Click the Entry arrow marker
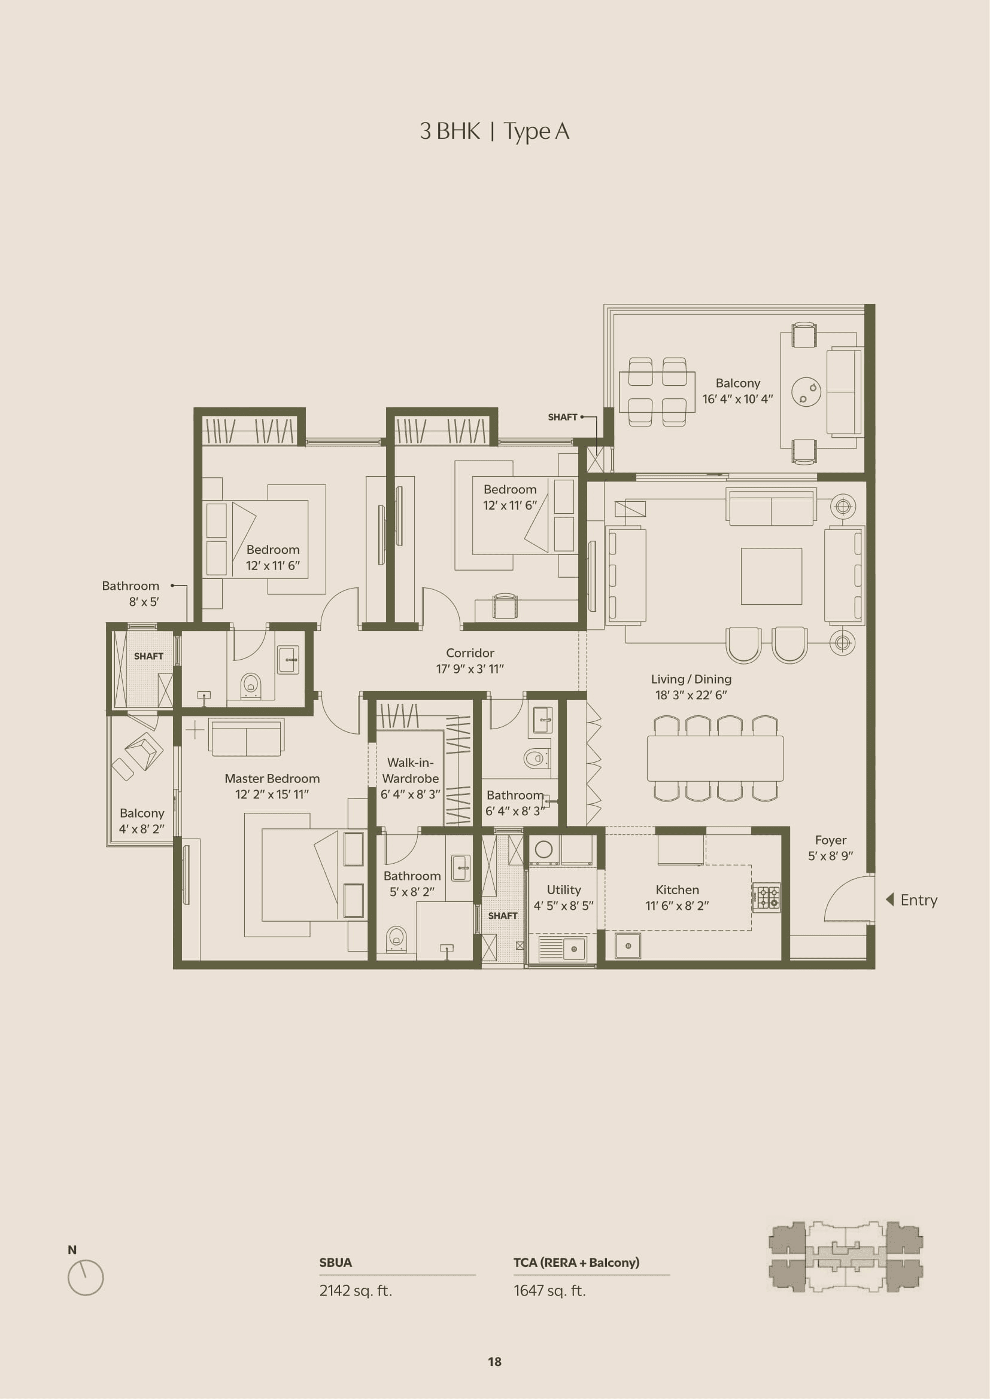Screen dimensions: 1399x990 (889, 900)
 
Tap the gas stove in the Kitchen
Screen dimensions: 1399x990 (767, 897)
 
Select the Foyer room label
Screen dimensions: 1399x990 (830, 840)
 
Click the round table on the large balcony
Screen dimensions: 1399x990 (806, 391)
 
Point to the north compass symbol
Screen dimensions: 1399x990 (86, 1277)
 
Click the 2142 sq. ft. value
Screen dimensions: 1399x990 (356, 1291)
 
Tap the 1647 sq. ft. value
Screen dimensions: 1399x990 (549, 1291)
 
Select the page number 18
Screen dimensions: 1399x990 (494, 1362)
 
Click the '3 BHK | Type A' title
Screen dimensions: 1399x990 (494, 132)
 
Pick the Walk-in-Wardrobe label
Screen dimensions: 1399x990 (410, 770)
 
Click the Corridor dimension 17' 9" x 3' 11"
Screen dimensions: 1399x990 (470, 669)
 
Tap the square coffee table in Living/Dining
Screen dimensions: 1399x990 (771, 576)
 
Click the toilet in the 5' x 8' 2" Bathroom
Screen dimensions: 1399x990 (396, 938)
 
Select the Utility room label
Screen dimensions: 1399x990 (564, 889)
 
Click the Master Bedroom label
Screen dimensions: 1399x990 (272, 778)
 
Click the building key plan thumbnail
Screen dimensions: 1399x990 (846, 1257)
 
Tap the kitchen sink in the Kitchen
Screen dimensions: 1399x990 (628, 946)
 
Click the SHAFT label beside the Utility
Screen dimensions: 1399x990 (503, 916)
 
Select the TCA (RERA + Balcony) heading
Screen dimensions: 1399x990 (576, 1263)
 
